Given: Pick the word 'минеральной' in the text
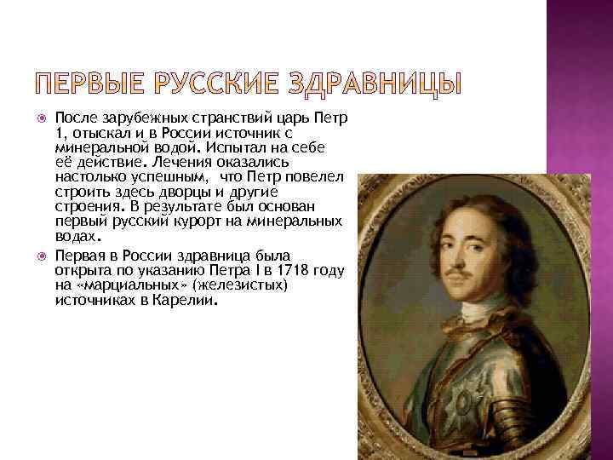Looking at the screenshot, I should point(94,147).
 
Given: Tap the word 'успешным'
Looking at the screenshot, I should point(167,176).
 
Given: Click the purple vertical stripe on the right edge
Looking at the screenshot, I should point(580,170).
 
